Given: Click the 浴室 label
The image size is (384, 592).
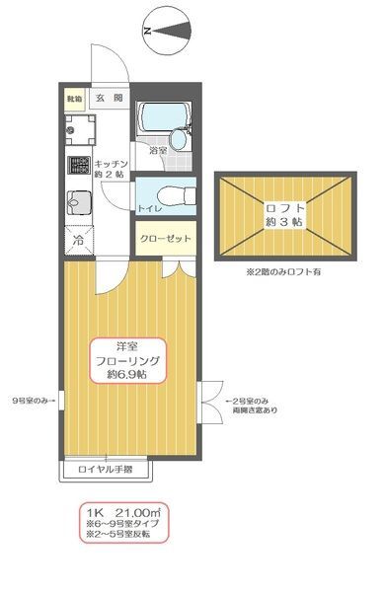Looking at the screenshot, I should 157,151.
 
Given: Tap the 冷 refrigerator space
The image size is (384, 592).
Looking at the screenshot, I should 77,240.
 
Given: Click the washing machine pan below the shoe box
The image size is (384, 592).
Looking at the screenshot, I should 79,128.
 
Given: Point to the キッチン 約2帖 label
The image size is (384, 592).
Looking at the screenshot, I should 110,168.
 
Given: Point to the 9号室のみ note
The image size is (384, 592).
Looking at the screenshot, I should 30,401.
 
